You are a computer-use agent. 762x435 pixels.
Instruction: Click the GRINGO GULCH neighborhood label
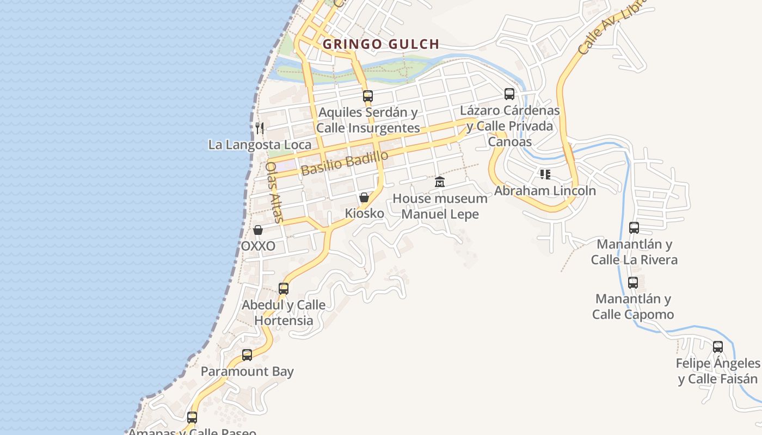[x=380, y=44]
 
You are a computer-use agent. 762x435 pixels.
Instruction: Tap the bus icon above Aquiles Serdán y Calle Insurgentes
[x=368, y=96]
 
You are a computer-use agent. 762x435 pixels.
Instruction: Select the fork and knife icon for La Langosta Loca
[x=260, y=128]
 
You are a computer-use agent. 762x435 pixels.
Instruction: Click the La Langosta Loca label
[x=260, y=145]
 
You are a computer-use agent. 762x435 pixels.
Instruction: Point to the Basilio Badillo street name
[x=345, y=163]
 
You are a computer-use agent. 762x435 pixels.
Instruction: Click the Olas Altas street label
[x=274, y=192]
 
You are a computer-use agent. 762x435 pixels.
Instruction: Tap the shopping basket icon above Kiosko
[x=364, y=197]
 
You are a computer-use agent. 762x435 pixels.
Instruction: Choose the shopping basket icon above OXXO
[x=258, y=230]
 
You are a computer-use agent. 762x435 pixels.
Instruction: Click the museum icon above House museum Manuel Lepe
[x=440, y=182]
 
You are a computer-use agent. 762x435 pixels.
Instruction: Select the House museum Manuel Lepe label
[x=440, y=206]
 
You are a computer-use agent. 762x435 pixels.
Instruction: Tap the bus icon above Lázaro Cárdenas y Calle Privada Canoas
[x=509, y=94]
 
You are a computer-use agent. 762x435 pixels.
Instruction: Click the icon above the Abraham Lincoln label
[x=545, y=175]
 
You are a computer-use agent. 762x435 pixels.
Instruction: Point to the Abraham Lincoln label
[x=545, y=191]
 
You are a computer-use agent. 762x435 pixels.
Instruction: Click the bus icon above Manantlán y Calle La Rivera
[x=634, y=228]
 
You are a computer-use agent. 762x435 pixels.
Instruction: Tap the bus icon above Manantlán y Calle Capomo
[x=633, y=283]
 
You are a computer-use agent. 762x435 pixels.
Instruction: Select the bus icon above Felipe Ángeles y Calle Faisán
[x=718, y=346]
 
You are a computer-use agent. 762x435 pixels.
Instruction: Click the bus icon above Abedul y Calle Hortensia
[x=284, y=289]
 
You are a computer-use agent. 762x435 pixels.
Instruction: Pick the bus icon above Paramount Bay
[x=247, y=355]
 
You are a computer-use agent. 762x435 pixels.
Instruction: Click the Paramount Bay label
[x=247, y=372]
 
